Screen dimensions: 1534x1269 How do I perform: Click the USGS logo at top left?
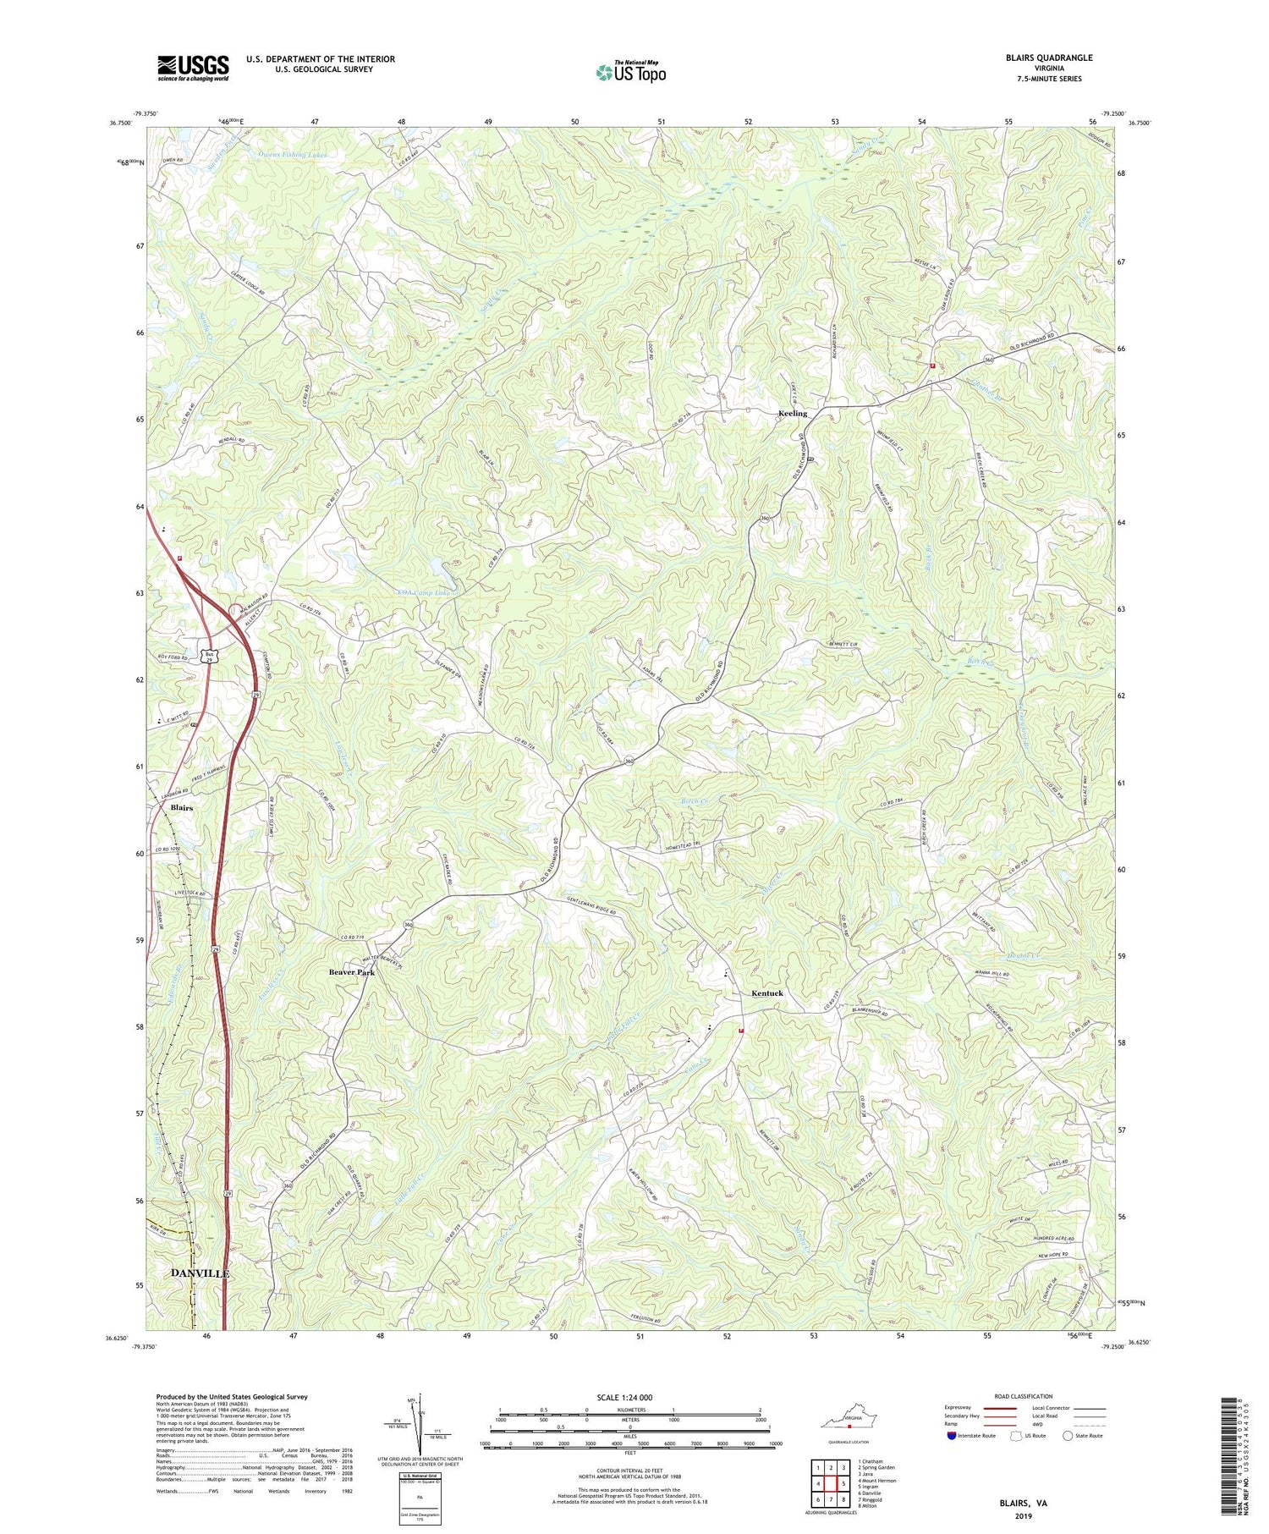[193, 68]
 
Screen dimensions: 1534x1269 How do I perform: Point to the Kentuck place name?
[767, 993]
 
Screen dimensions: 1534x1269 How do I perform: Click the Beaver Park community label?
[351, 973]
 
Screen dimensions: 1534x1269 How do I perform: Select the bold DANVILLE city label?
[200, 1273]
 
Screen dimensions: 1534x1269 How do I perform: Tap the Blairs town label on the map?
[181, 808]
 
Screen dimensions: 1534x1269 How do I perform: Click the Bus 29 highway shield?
[210, 656]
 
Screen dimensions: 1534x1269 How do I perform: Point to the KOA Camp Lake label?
[428, 593]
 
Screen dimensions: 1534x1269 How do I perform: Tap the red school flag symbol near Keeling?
[932, 366]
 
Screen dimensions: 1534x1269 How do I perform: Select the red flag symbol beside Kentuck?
[741, 1031]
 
